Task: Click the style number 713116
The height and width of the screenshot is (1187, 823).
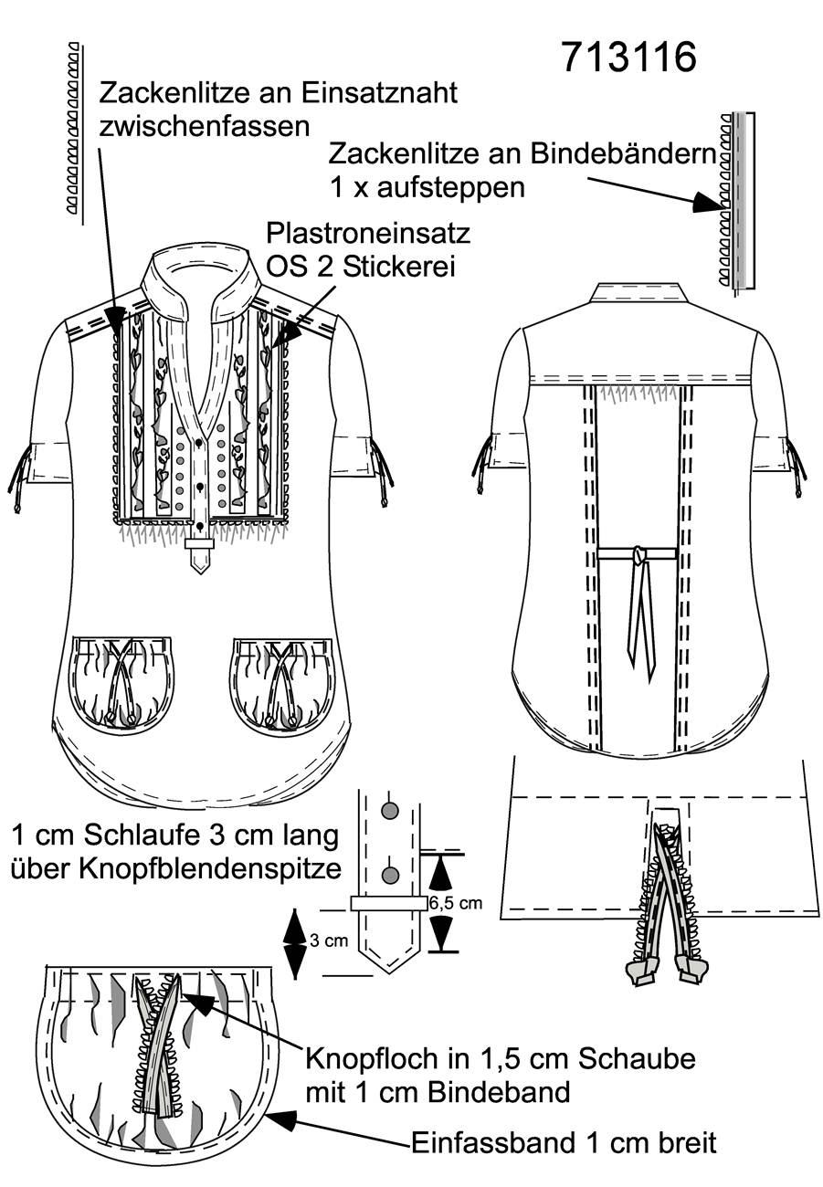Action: coord(628,58)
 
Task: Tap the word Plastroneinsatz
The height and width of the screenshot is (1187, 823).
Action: coord(368,233)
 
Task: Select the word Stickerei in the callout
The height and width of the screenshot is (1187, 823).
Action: coord(399,267)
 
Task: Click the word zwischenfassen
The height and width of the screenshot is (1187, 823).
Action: coord(205,127)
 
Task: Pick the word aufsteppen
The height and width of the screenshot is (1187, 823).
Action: coord(450,188)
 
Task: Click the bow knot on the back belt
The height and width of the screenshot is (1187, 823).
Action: coord(640,555)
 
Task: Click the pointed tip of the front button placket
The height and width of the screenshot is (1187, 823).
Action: coord(200,572)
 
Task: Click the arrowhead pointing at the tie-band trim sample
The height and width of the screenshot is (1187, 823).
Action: coord(708,202)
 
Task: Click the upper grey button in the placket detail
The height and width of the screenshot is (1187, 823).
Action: coord(391,810)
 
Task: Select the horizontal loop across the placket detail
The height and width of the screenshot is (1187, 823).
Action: coord(389,904)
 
